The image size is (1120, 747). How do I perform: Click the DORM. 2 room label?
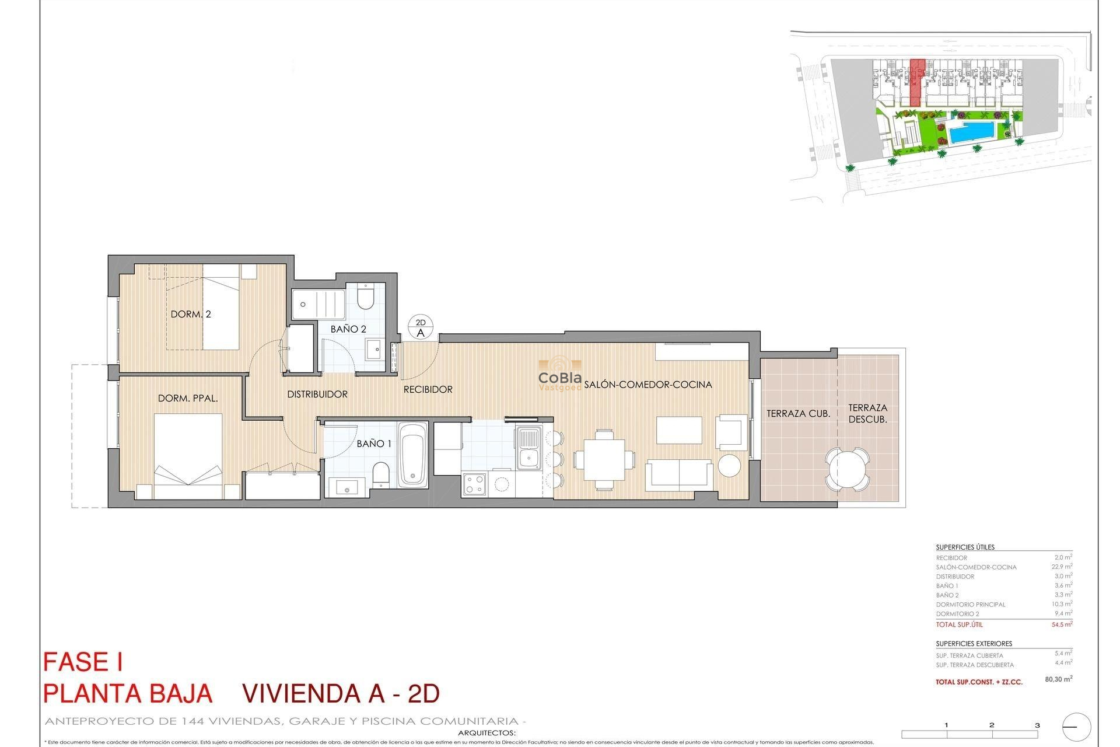pyautogui.click(x=191, y=314)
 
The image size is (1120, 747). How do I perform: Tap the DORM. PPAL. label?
pyautogui.click(x=188, y=399)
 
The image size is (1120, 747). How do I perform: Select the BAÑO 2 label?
pyautogui.click(x=348, y=329)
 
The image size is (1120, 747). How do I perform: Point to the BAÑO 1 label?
pyautogui.click(x=374, y=444)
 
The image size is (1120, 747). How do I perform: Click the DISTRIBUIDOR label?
pyautogui.click(x=317, y=395)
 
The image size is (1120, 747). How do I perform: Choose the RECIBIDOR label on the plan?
pyautogui.click(x=428, y=389)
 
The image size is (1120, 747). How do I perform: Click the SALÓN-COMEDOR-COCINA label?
pyautogui.click(x=648, y=385)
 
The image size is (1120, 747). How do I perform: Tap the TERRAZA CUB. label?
pyautogui.click(x=798, y=414)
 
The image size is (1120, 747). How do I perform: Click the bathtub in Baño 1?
pyautogui.click(x=413, y=454)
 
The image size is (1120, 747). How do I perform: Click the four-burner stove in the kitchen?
pyautogui.click(x=474, y=483)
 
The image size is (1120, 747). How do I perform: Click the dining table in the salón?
pyautogui.click(x=604, y=459)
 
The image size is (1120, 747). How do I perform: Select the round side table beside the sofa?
pyautogui.click(x=729, y=466)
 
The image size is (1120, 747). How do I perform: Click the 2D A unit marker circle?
pyautogui.click(x=421, y=328)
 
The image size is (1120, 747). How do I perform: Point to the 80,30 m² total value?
pyautogui.click(x=1058, y=679)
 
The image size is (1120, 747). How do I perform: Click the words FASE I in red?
pyautogui.click(x=83, y=662)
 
